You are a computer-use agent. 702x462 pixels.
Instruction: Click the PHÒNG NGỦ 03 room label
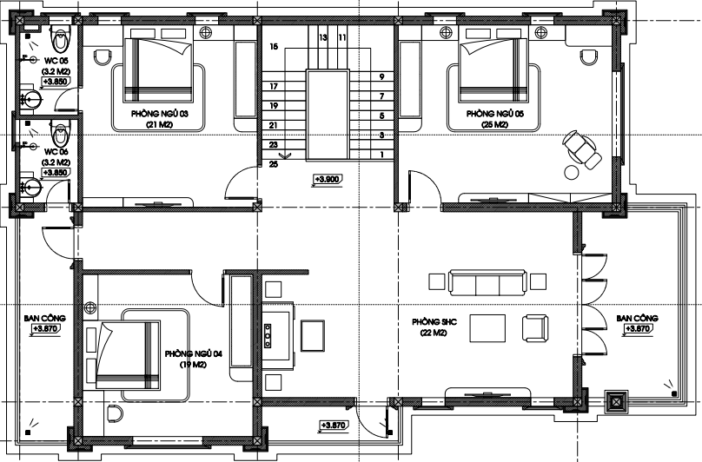point(159,114)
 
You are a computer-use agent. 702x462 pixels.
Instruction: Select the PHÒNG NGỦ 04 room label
point(194,354)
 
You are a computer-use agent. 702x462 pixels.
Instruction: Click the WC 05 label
point(56,61)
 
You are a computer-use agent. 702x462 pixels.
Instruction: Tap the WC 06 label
point(56,152)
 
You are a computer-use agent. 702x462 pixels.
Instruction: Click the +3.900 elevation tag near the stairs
point(327,180)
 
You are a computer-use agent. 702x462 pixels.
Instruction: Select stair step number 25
point(274,164)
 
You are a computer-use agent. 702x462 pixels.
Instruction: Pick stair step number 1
point(382,155)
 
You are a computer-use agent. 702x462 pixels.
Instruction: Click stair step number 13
point(323,37)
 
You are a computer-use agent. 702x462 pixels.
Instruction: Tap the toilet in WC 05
point(60,38)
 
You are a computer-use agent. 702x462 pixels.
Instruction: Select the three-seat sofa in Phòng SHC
point(487,282)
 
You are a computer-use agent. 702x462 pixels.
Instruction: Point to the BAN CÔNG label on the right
point(637,319)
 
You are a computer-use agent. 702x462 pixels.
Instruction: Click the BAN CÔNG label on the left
point(45,319)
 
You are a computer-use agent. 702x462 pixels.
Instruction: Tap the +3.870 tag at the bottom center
point(333,426)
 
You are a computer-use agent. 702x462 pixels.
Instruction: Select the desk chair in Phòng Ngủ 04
point(115,412)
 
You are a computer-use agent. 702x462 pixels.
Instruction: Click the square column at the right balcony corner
point(617,402)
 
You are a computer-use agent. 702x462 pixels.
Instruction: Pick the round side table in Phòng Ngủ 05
point(572,173)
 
